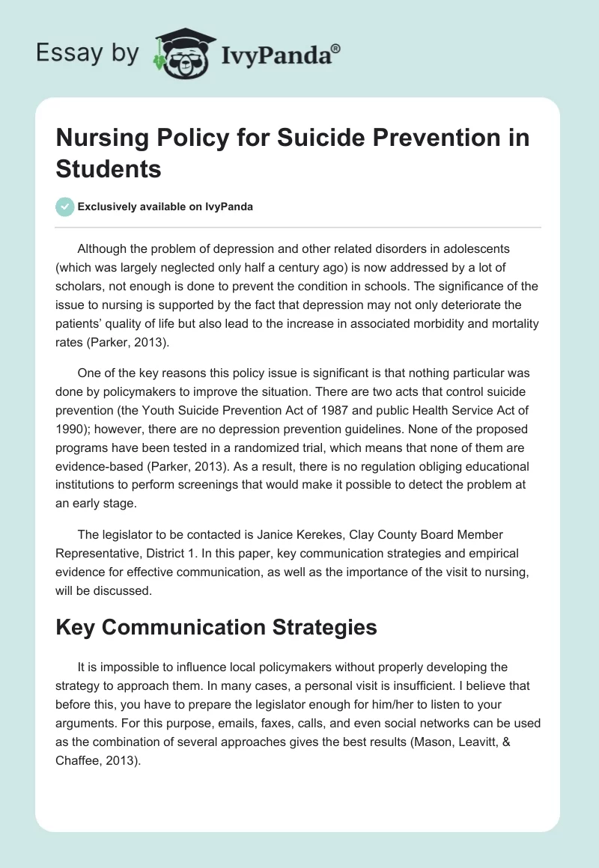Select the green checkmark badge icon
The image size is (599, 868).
[x=65, y=207]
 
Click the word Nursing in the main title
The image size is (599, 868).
[x=103, y=138]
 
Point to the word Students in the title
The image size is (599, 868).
[x=109, y=169]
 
